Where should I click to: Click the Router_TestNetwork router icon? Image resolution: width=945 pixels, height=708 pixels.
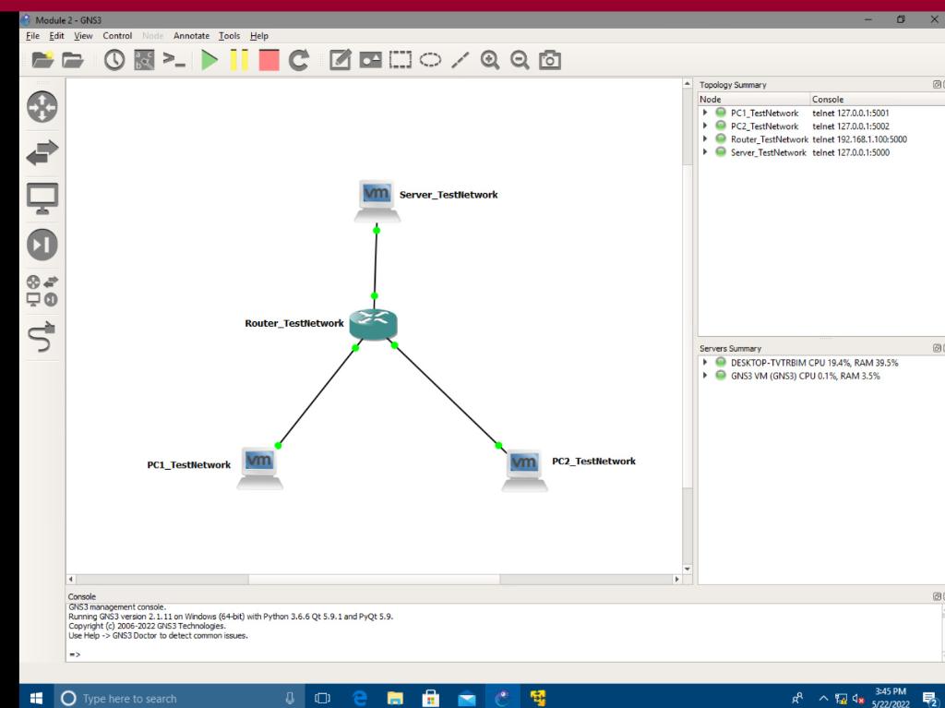[x=374, y=324]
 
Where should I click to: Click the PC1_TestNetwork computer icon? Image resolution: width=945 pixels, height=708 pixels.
[x=259, y=466]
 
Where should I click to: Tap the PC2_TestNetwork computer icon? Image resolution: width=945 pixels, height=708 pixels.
[x=525, y=469]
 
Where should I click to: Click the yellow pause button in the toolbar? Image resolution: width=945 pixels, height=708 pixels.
[x=239, y=63]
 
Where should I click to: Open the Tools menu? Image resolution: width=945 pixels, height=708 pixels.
[x=229, y=36]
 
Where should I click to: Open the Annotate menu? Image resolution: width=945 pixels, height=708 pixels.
[x=192, y=36]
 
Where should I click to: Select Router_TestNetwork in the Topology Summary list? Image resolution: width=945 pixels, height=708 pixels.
[x=769, y=139]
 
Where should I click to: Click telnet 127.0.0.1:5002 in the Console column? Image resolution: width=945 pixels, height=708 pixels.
[x=850, y=126]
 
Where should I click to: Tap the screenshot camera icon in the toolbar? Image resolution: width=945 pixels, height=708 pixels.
[x=549, y=63]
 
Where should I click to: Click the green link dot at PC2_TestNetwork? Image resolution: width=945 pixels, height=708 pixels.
[x=498, y=446]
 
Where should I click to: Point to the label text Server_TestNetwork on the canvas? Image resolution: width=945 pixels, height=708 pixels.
[x=449, y=195]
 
